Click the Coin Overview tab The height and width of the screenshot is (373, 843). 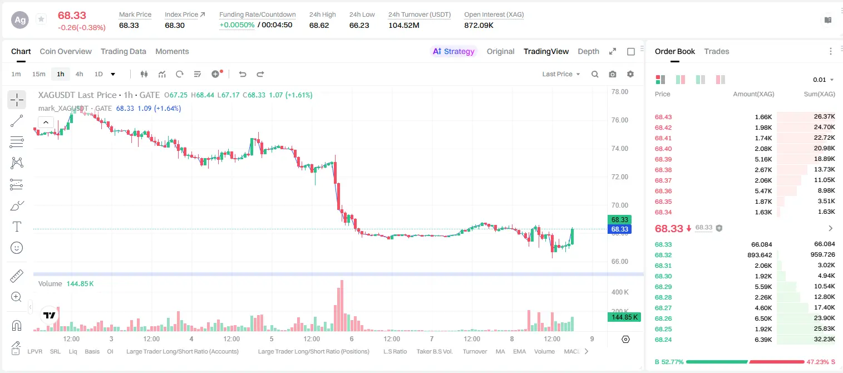click(x=66, y=51)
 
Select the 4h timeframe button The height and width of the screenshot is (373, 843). click(x=79, y=74)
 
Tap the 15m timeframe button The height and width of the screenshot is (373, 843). click(x=38, y=74)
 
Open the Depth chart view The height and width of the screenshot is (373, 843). click(x=588, y=51)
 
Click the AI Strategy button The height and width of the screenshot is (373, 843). click(x=453, y=51)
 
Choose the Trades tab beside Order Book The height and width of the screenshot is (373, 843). click(x=717, y=51)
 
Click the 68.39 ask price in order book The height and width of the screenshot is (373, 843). click(x=663, y=159)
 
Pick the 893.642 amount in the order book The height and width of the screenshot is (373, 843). click(x=760, y=255)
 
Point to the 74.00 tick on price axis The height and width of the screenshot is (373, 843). click(x=620, y=148)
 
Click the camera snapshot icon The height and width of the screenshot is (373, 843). click(x=613, y=74)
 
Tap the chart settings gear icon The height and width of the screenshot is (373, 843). click(x=630, y=74)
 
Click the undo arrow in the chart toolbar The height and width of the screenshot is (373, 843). click(x=243, y=74)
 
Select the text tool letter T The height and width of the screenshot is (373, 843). click(x=17, y=227)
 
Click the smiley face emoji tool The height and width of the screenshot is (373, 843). click(x=17, y=248)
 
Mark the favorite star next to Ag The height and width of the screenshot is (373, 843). click(x=41, y=19)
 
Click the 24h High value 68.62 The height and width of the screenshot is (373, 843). click(x=319, y=25)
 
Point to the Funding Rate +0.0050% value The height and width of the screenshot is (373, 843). click(x=237, y=25)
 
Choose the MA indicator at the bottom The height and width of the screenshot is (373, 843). click(x=500, y=351)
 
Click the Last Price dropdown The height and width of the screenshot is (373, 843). click(x=561, y=74)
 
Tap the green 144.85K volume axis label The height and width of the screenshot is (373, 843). click(x=624, y=317)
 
